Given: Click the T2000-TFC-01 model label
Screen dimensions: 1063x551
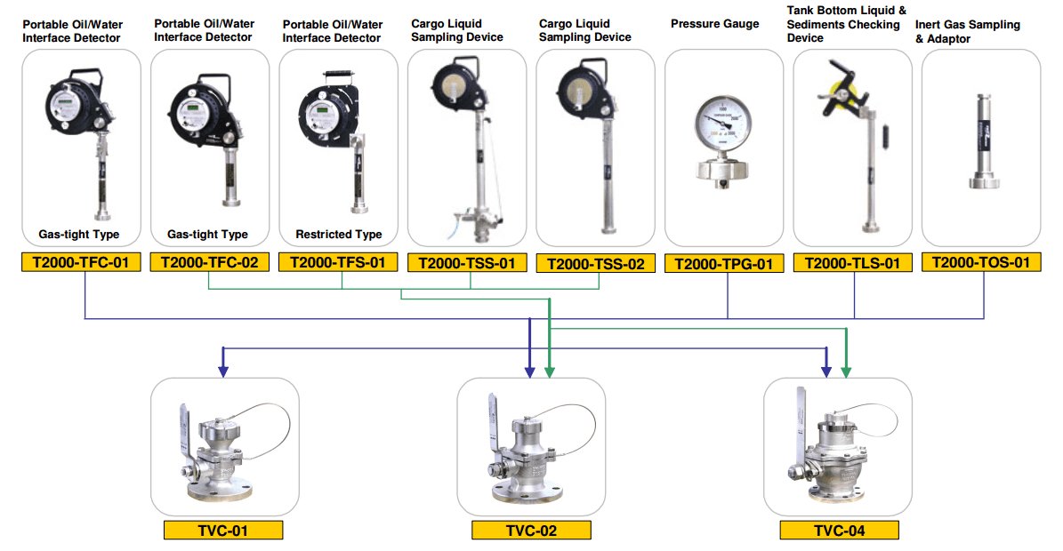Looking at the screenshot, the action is [81, 262].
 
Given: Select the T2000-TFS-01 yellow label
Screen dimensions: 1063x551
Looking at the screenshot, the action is [338, 262].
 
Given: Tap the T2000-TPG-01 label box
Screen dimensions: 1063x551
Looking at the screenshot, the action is [724, 263].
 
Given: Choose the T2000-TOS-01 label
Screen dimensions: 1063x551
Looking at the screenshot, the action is [981, 262].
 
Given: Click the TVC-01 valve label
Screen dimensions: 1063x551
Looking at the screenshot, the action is [223, 530].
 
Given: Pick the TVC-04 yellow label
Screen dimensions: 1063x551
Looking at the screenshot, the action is [840, 530].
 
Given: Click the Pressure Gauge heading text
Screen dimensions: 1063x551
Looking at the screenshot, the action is [714, 24].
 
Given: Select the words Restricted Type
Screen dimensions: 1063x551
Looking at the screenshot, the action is [338, 235].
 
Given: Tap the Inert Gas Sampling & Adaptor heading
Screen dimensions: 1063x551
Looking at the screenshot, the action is [968, 31].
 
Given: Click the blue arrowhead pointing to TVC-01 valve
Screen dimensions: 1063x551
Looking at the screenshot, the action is [223, 371].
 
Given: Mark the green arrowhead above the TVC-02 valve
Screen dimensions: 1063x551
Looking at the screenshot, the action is [550, 371].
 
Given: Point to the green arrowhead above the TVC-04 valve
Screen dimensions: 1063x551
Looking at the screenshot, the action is [845, 371].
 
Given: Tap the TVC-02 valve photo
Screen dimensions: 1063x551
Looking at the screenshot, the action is [531, 448].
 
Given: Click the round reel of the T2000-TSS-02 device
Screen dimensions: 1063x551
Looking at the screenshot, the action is [578, 91].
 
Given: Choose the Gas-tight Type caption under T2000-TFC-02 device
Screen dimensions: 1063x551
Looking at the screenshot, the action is [207, 235].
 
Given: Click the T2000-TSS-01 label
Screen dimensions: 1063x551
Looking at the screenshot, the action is [467, 263].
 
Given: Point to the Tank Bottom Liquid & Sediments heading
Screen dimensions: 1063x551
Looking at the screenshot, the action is [846, 24].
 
